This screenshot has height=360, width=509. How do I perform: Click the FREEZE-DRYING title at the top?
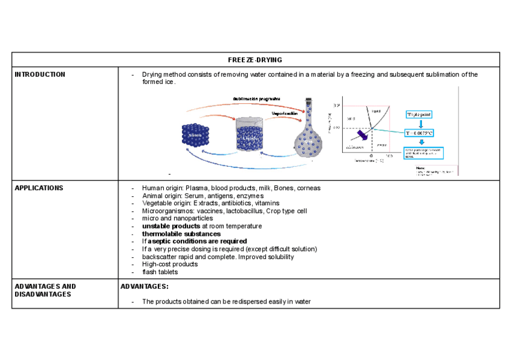[255, 59]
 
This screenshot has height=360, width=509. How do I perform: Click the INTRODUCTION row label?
[40, 74]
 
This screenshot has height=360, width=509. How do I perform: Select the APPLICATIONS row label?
[38, 188]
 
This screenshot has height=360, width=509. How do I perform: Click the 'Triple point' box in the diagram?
[419, 114]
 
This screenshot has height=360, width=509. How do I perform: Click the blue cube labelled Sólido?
[196, 137]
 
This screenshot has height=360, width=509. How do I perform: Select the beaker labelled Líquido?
[249, 134]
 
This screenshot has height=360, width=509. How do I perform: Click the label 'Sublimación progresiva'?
[256, 98]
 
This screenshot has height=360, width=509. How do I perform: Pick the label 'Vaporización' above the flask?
[285, 113]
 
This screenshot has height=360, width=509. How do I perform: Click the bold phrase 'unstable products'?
[171, 226]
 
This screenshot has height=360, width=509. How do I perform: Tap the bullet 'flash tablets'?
[160, 272]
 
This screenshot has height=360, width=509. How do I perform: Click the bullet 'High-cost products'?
[170, 264]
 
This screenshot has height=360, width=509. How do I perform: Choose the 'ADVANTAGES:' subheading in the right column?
[145, 287]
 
